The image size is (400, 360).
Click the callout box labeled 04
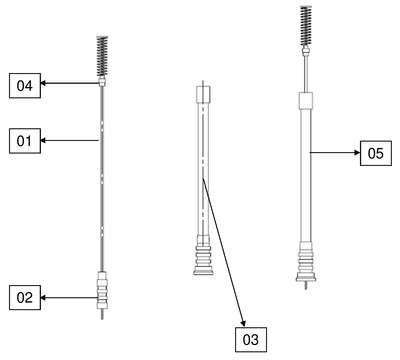point(25,86)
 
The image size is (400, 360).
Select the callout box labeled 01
point(25,141)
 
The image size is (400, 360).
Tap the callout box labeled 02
point(25,297)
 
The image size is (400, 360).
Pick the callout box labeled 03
point(251,340)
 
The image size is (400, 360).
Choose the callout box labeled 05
point(376,153)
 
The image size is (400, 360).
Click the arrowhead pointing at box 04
point(43,83)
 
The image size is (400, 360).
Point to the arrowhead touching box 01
point(43,140)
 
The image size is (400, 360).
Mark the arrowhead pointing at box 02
point(43,297)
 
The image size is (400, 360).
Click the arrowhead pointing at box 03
point(243,323)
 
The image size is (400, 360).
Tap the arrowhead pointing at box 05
point(357,153)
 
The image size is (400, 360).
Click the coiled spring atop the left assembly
point(102,57)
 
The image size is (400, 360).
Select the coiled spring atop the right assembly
point(306,26)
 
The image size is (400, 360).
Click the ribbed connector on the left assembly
point(102,290)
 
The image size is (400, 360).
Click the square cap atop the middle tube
point(203,94)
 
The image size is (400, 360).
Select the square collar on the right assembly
point(306,100)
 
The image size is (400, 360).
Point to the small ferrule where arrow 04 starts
point(102,82)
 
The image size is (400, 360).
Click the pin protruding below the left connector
point(102,314)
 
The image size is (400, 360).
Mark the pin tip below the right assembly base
point(306,289)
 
